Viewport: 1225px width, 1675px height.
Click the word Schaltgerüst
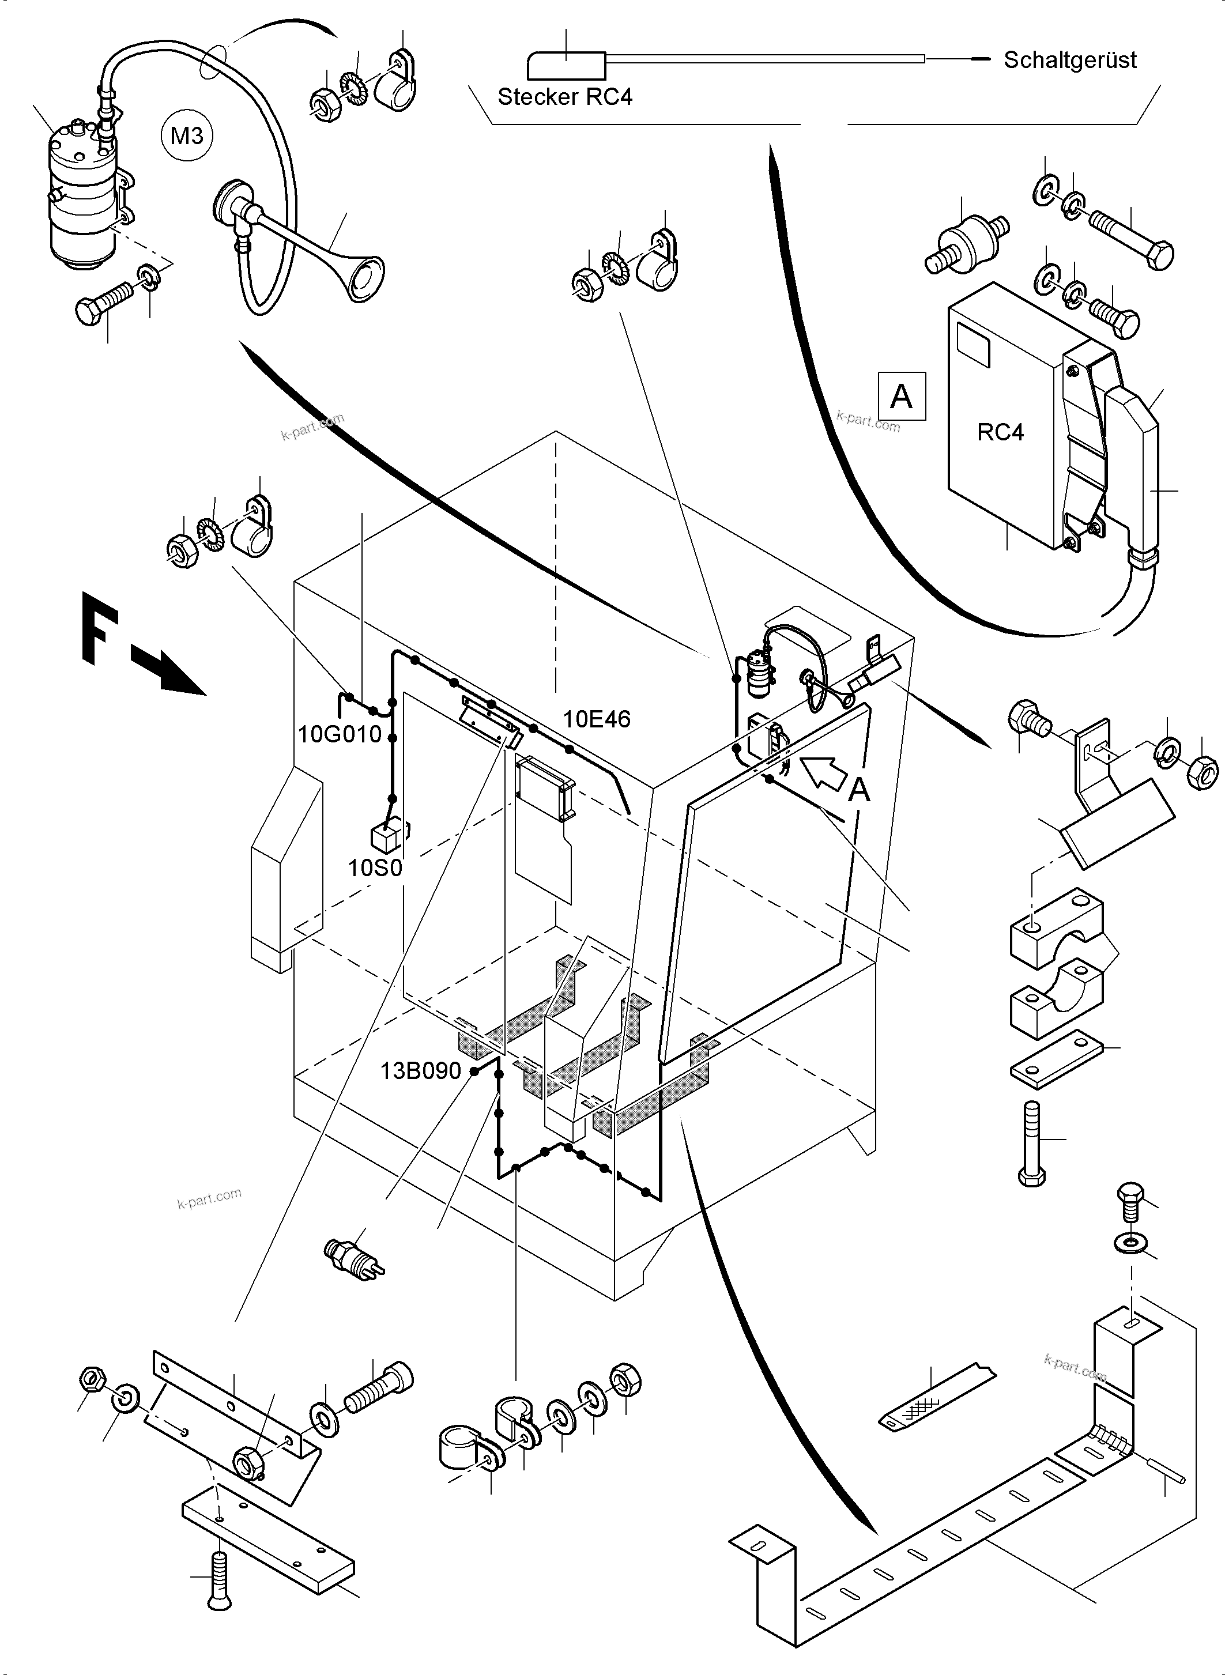[x=1069, y=60]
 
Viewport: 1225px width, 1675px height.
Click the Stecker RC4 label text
[x=564, y=97]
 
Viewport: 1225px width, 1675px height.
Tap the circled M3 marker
[x=187, y=135]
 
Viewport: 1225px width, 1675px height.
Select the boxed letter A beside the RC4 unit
[x=901, y=396]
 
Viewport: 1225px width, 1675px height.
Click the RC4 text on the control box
[x=1000, y=432]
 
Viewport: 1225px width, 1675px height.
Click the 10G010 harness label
[x=340, y=734]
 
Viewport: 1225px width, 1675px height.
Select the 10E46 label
[x=596, y=719]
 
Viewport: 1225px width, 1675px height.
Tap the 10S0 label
[x=375, y=867]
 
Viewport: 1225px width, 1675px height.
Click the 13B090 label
[x=420, y=1071]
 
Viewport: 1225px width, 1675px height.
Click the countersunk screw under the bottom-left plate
[x=218, y=1579]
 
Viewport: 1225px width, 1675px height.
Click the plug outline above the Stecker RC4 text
[x=566, y=66]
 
